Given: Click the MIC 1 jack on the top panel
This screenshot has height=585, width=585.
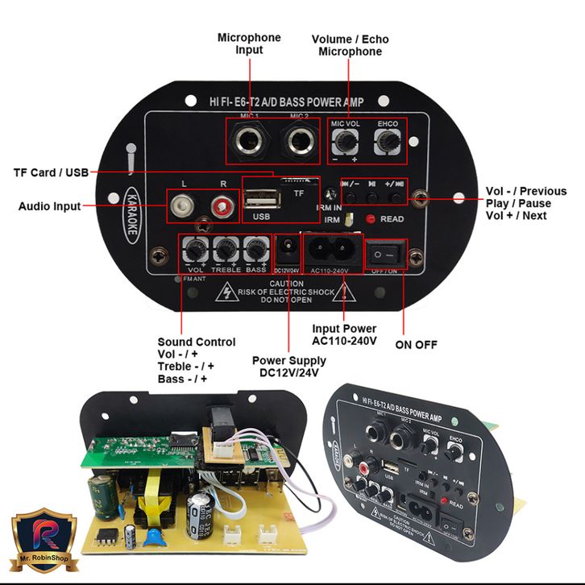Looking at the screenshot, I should click(x=244, y=143).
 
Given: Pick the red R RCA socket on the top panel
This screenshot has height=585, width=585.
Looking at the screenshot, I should click(x=222, y=207).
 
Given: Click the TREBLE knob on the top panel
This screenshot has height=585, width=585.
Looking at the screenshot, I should click(x=226, y=251).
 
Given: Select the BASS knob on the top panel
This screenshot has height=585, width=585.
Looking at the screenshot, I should click(x=256, y=251).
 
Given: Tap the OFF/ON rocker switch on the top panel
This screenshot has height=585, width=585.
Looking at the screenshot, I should click(x=387, y=254).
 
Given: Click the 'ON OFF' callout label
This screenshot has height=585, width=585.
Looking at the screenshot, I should click(x=416, y=345).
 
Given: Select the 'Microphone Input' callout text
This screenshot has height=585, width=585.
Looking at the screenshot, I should click(x=250, y=44).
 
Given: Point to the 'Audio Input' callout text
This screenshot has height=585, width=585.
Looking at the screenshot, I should click(x=49, y=206).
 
